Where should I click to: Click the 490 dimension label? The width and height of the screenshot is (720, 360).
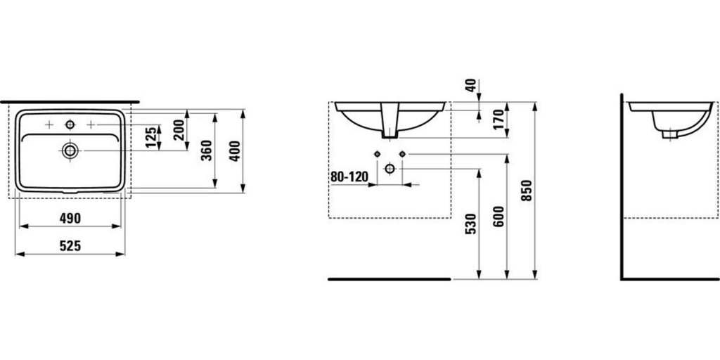click(70, 219)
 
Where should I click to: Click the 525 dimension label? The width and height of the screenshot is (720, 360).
click(70, 247)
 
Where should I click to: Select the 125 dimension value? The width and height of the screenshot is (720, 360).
click(150, 137)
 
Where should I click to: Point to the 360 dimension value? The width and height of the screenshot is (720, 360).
click(207, 150)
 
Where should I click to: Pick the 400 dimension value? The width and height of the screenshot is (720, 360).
click(235, 150)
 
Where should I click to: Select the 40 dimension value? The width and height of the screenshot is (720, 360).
click(470, 85)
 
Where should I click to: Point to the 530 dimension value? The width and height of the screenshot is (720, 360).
click(470, 224)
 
